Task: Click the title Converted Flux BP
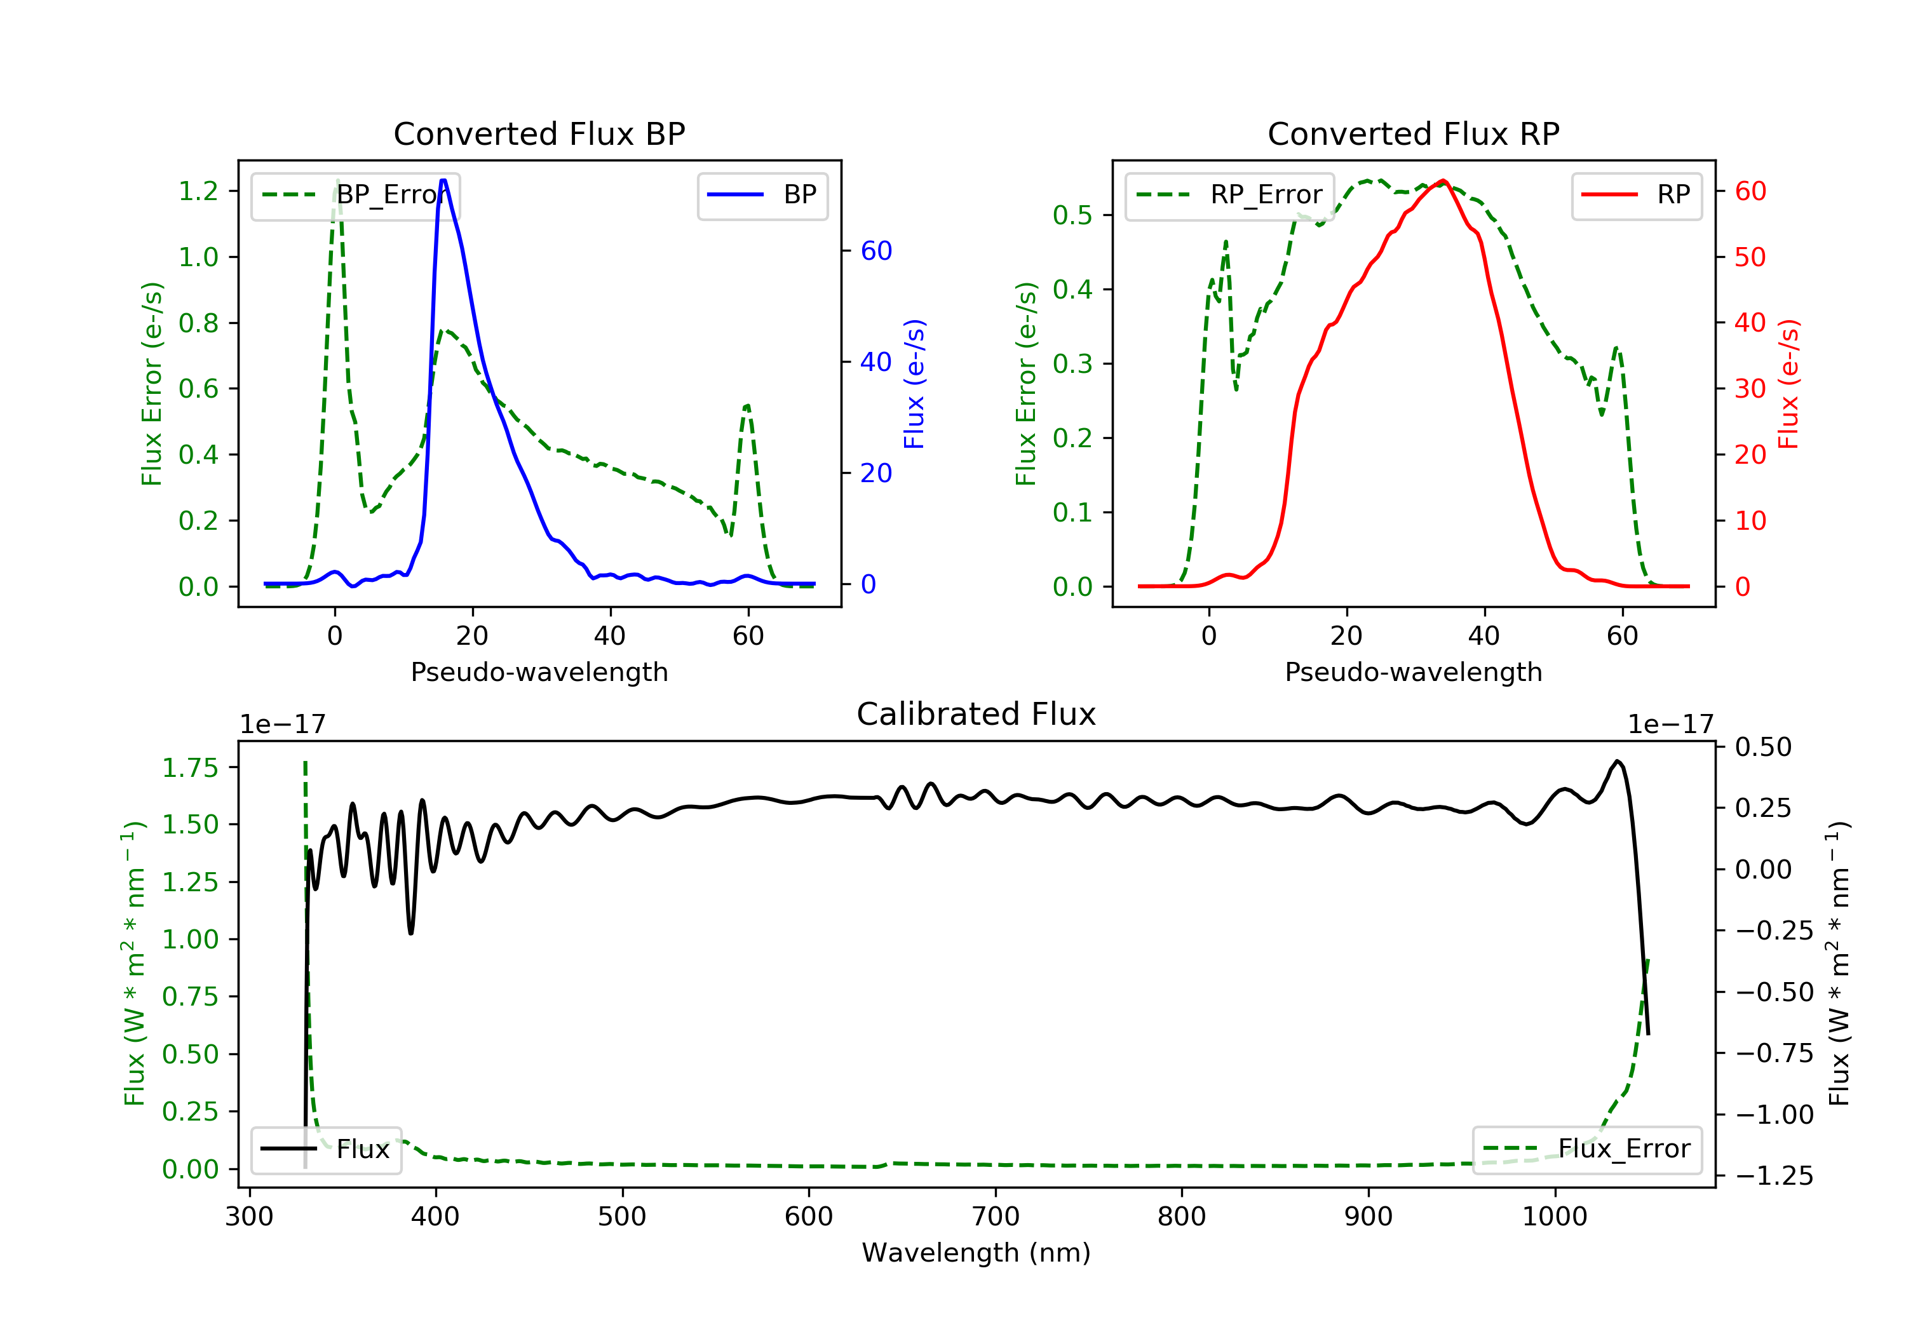pyautogui.click(x=539, y=133)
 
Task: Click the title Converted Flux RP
pyautogui.click(x=1413, y=133)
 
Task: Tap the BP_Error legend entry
pyautogui.click(x=355, y=195)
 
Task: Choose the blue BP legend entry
pyautogui.click(x=762, y=195)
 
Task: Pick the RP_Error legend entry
pyautogui.click(x=1229, y=195)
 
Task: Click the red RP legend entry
pyautogui.click(x=1636, y=195)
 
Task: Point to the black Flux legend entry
pyautogui.click(x=325, y=1149)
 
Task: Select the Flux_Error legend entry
pyautogui.click(x=1586, y=1149)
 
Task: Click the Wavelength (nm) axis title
pyautogui.click(x=977, y=1253)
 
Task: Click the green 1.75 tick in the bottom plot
pyautogui.click(x=190, y=768)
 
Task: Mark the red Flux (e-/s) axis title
pyautogui.click(x=1788, y=384)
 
